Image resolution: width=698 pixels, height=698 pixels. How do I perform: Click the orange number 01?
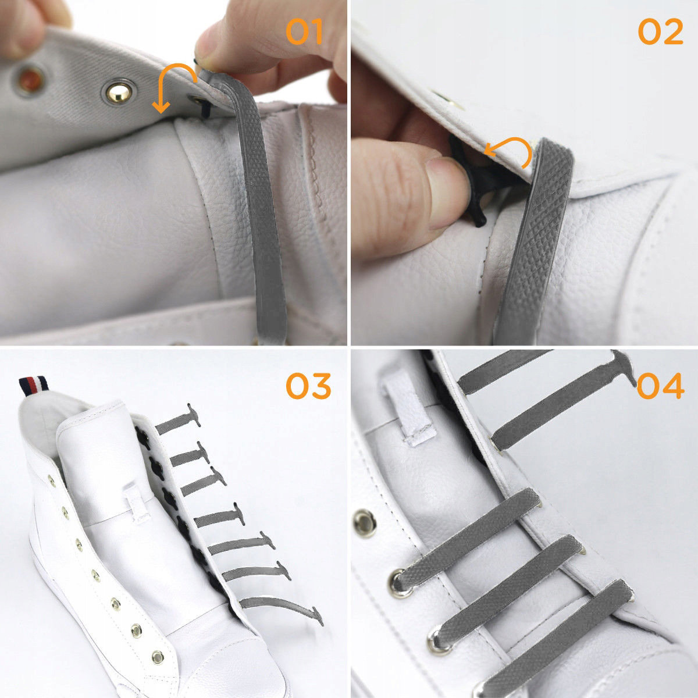click(x=304, y=32)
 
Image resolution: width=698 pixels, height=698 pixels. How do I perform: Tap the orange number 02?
click(x=660, y=32)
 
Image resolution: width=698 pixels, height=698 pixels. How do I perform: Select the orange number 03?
click(x=308, y=386)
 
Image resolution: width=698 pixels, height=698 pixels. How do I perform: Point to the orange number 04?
click(x=660, y=386)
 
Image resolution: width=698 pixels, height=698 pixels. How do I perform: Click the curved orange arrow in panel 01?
click(x=170, y=69)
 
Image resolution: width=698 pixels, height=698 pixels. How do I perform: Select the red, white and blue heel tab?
click(x=34, y=386)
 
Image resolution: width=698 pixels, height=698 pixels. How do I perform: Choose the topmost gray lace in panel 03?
click(x=178, y=422)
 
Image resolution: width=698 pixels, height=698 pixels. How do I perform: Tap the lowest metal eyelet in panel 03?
click(x=158, y=656)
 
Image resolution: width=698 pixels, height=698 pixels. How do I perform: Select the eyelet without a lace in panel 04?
click(x=364, y=523)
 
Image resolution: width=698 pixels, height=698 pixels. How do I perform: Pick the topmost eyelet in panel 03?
click(x=51, y=481)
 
